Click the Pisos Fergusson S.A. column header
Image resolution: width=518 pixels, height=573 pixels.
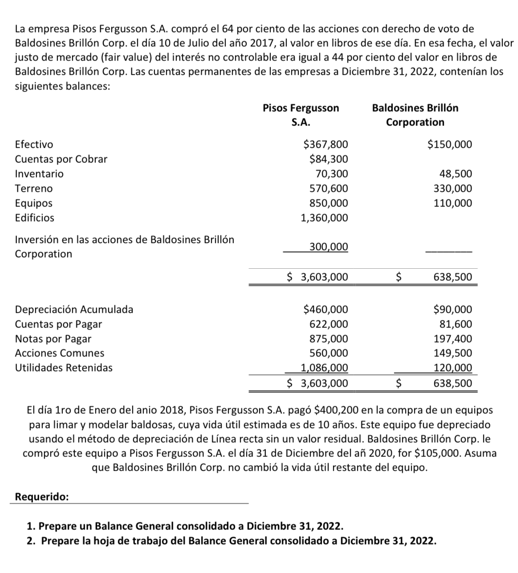(x=301, y=115)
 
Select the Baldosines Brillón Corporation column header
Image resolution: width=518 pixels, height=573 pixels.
(x=415, y=115)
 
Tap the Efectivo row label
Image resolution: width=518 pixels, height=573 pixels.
(x=34, y=145)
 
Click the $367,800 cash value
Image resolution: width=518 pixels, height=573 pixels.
(x=326, y=145)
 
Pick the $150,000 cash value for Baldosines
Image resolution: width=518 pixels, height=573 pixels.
(x=449, y=145)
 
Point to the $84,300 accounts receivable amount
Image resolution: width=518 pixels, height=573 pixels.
(x=328, y=159)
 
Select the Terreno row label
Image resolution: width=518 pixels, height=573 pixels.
(x=34, y=189)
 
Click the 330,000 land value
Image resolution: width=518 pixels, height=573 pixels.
(x=453, y=189)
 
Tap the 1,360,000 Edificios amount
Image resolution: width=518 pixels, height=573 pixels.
(x=324, y=218)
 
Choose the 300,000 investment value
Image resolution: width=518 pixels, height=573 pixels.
(x=329, y=247)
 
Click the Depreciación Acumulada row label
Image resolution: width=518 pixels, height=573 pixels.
(x=74, y=310)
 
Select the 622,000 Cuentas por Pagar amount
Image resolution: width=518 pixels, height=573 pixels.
(x=329, y=324)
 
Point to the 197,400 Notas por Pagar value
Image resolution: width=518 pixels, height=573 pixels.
(x=453, y=339)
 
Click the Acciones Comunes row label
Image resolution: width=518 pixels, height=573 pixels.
(x=60, y=353)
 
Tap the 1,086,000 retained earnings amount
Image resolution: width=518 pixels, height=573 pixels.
(x=324, y=368)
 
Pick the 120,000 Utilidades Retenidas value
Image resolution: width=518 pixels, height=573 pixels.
(x=453, y=368)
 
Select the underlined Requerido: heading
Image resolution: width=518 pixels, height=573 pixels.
(x=42, y=497)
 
